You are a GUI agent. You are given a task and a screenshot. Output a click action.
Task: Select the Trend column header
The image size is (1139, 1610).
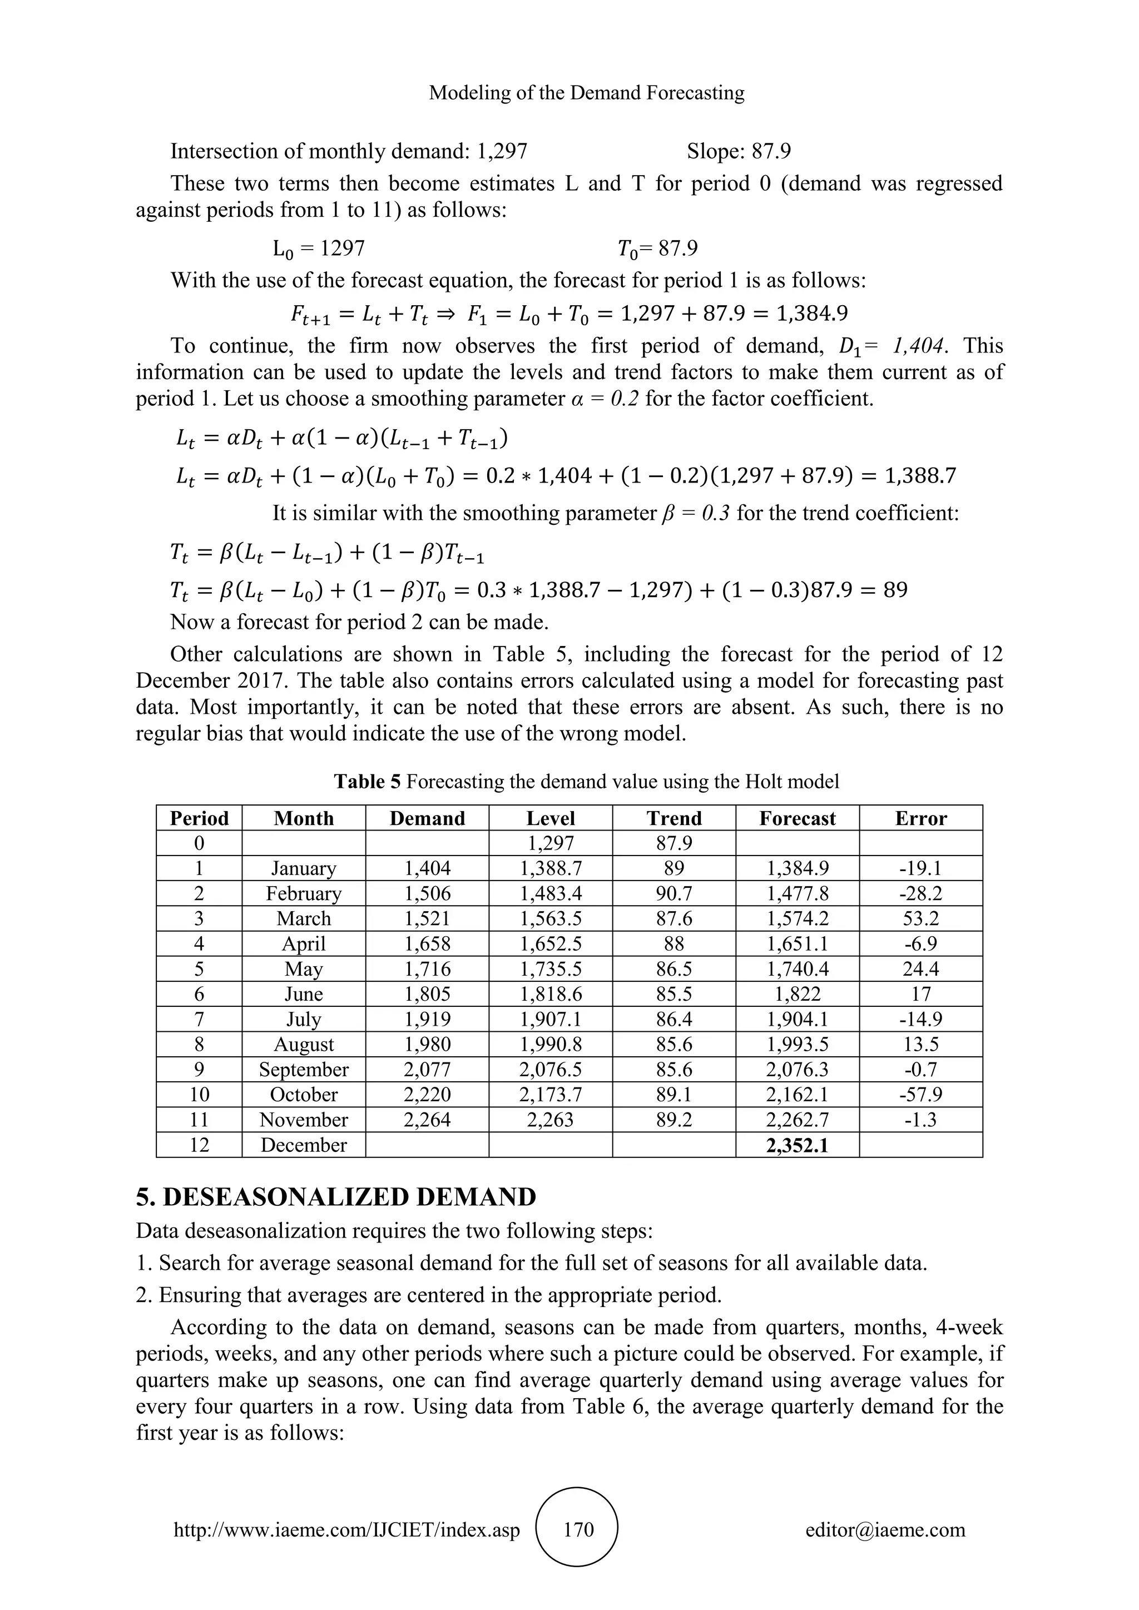pyautogui.click(x=674, y=818)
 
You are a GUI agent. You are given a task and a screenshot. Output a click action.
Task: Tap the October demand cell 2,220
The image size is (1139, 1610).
pyautogui.click(x=427, y=1095)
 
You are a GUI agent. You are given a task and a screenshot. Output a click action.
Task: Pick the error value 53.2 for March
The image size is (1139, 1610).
pyautogui.click(x=920, y=918)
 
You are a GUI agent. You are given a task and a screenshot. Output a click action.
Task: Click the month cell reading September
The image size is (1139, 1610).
pyautogui.click(x=304, y=1070)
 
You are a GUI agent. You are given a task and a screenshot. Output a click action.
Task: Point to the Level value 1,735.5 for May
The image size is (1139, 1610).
pyautogui.click(x=551, y=969)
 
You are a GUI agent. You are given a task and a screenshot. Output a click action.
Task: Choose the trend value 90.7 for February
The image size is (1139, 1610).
pyautogui.click(x=674, y=893)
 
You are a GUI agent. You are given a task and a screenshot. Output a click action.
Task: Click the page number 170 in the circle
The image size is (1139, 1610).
pyautogui.click(x=578, y=1529)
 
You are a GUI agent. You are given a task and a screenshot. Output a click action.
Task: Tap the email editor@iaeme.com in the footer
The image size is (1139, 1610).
pyautogui.click(x=885, y=1529)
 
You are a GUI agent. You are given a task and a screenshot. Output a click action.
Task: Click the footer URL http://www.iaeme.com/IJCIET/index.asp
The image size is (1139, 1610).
pyautogui.click(x=346, y=1529)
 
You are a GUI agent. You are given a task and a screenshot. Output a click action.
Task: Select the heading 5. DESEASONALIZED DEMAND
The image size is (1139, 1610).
pyautogui.click(x=336, y=1197)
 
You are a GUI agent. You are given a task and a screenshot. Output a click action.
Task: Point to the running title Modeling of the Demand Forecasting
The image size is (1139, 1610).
pyautogui.click(x=586, y=92)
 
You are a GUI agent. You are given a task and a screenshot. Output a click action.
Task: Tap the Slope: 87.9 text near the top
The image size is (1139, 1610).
pyautogui.click(x=739, y=151)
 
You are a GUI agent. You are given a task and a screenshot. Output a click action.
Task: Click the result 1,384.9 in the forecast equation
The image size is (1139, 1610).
pyautogui.click(x=811, y=313)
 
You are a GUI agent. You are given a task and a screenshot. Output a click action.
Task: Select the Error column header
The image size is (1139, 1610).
pyautogui.click(x=920, y=818)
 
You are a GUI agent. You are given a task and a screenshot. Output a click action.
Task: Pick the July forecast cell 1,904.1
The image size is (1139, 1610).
pyautogui.click(x=797, y=1020)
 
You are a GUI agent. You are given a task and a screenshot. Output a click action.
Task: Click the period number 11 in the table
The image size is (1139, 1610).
pyautogui.click(x=199, y=1120)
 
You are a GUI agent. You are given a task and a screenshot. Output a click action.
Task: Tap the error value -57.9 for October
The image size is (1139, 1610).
pyautogui.click(x=920, y=1095)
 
